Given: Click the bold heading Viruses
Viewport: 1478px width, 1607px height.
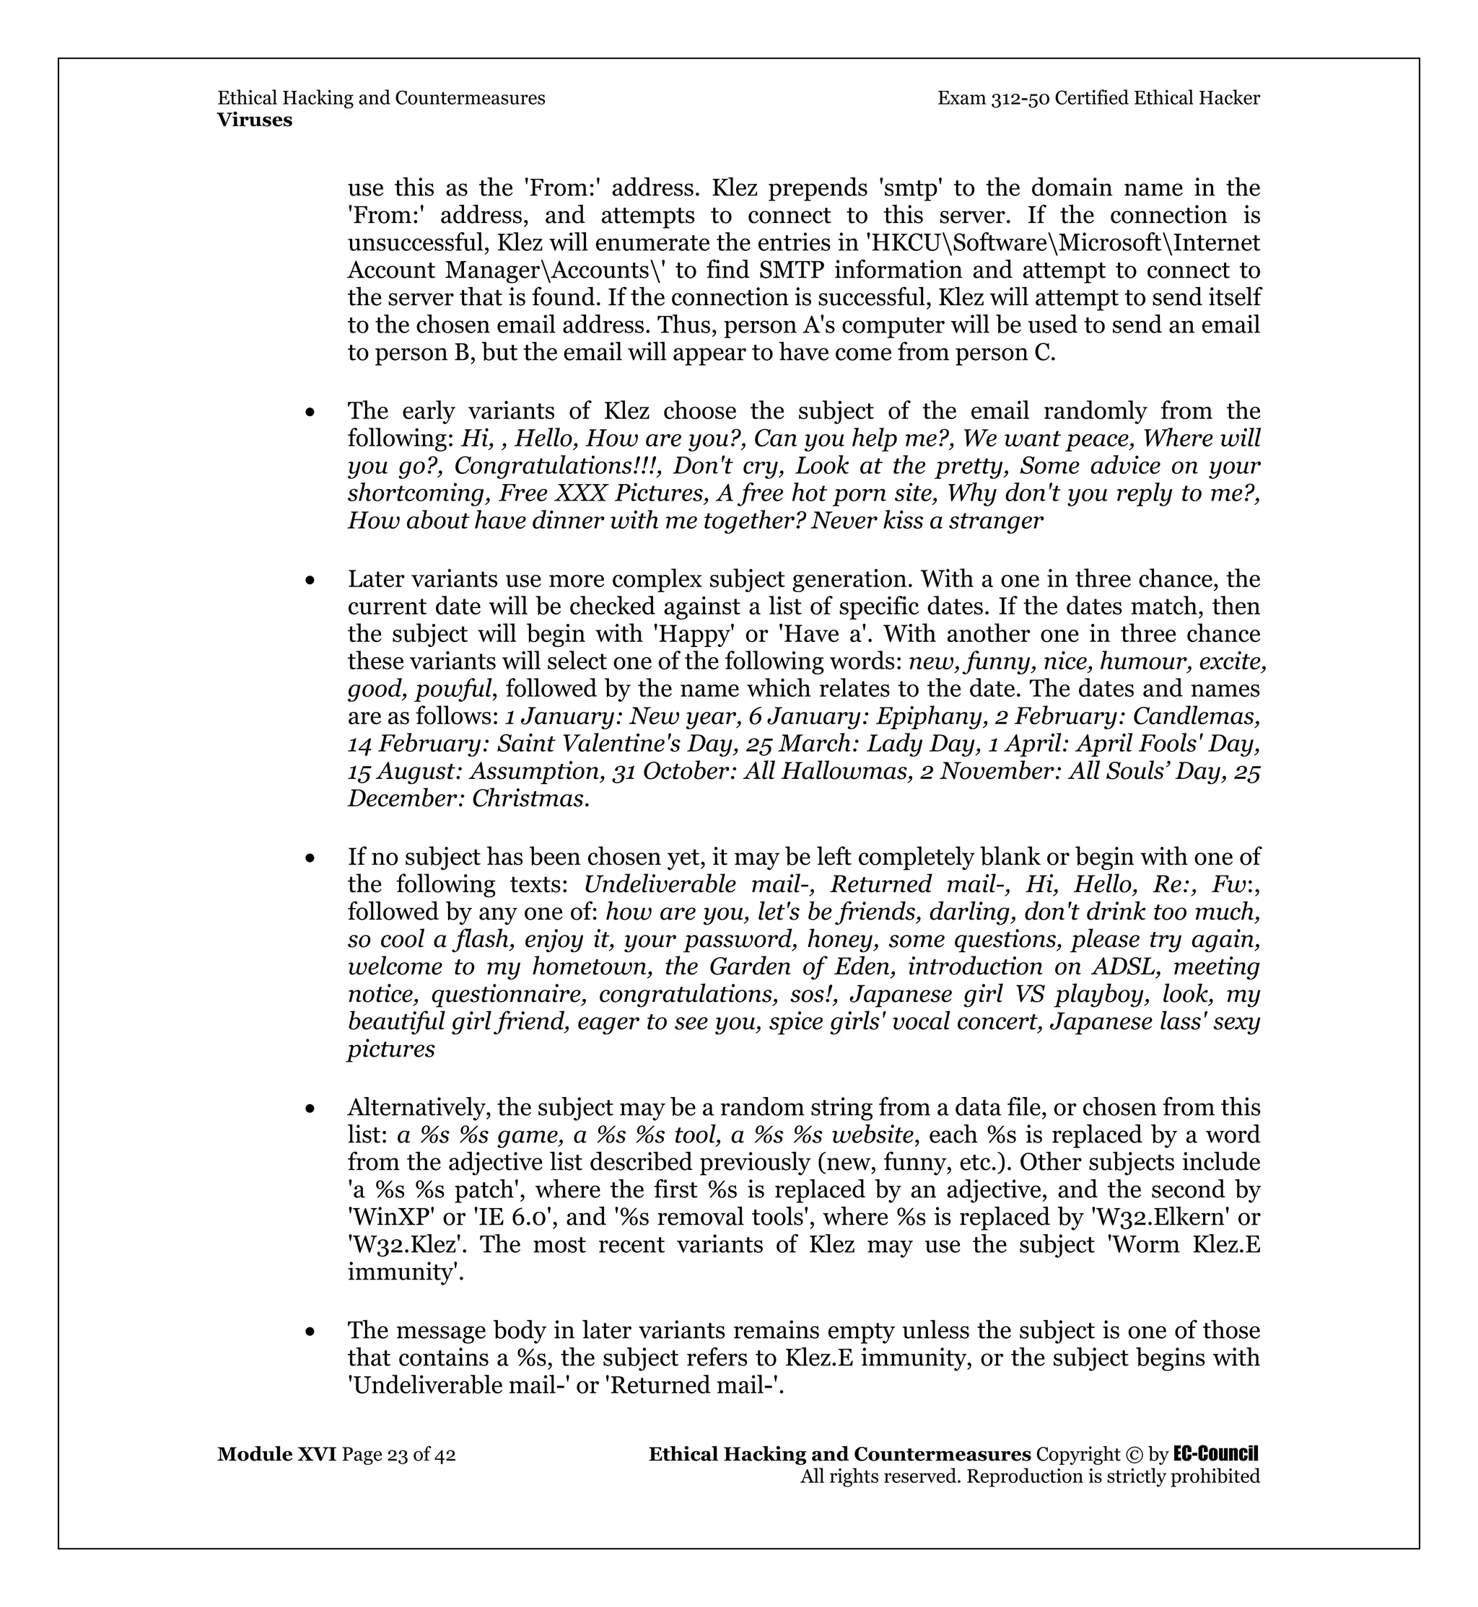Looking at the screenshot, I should (x=254, y=120).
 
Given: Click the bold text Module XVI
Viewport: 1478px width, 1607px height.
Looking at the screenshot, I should (x=276, y=1454).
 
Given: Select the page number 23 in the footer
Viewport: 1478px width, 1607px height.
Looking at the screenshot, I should (x=398, y=1454).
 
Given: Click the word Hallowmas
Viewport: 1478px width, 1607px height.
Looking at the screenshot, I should (x=851, y=772).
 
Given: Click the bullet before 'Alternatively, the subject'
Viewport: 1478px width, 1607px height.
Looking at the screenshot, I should (x=310, y=1109).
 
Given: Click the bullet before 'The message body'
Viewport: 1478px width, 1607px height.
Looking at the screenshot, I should (x=310, y=1332).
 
